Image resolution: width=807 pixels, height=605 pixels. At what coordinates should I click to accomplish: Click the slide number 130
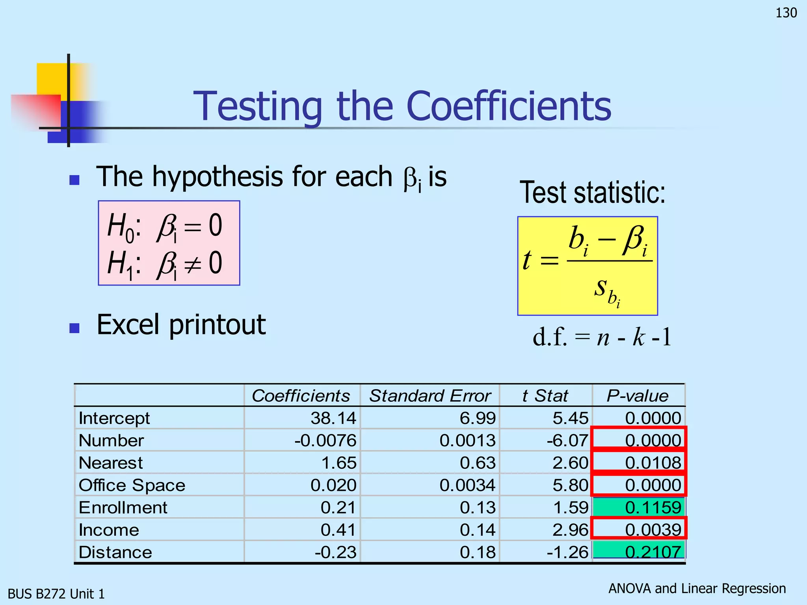[786, 13]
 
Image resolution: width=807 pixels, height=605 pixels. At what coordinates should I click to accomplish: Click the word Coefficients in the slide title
[508, 106]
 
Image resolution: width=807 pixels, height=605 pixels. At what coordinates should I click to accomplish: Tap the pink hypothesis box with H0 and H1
[169, 243]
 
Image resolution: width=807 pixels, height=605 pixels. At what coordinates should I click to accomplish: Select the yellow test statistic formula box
[587, 266]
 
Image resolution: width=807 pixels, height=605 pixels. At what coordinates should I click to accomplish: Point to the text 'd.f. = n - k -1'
[602, 337]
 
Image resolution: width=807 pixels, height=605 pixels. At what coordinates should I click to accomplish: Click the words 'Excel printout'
[181, 325]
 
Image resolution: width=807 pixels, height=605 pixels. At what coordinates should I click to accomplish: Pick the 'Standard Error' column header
[430, 395]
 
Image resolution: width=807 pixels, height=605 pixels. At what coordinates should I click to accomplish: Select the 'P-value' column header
[638, 395]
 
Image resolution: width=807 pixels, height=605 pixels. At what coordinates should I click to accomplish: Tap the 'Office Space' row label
[132, 485]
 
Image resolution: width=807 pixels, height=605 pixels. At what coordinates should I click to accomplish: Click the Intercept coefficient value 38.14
[333, 418]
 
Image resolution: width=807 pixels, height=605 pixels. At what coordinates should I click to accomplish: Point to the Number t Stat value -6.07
[567, 440]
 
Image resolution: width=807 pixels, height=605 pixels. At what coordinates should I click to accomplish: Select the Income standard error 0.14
[478, 530]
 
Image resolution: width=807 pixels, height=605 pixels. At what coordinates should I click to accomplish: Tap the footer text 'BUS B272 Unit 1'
[56, 594]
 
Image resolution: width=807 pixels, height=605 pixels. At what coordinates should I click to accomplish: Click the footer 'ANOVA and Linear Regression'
[697, 588]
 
